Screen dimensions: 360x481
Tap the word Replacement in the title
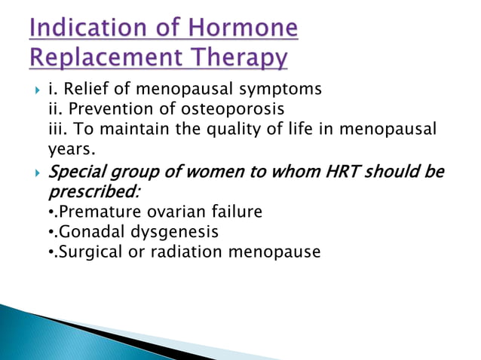[99, 57]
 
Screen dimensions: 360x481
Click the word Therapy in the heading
[240, 57]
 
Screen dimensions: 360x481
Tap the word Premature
[95, 212]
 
